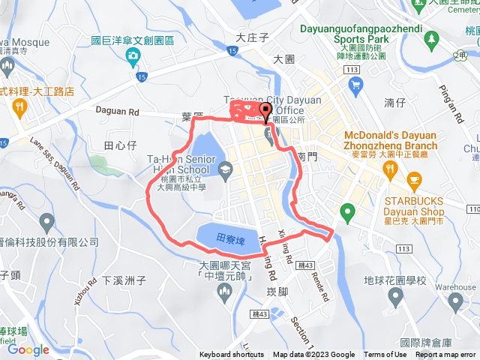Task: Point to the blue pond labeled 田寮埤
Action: tap(226, 237)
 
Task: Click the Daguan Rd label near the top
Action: tap(118, 111)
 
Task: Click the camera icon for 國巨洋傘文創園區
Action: tap(133, 55)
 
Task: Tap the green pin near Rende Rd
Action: tap(346, 211)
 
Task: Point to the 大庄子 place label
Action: tap(251, 37)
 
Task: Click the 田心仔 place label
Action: tap(119, 144)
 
